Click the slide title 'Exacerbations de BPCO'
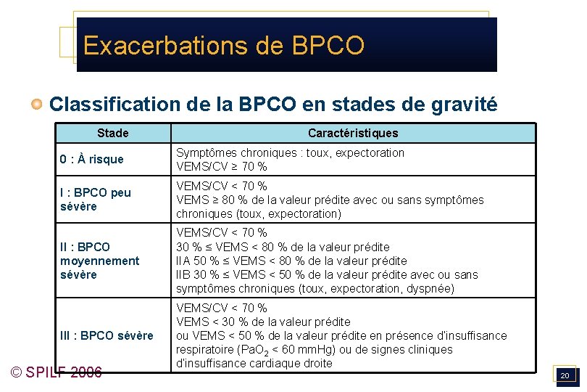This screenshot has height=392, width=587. point(223,45)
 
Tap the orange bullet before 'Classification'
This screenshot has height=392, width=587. point(37,105)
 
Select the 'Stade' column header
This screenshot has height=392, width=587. point(112,133)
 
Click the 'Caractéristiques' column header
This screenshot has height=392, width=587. point(353,133)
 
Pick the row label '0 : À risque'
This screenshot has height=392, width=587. point(92,159)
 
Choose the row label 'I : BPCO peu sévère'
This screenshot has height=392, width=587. point(96,200)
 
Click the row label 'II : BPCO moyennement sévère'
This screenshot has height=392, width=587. point(100,261)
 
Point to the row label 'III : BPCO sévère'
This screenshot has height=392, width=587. point(107,335)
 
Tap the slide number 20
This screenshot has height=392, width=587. point(565,375)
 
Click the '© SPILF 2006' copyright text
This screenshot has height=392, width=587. point(57,373)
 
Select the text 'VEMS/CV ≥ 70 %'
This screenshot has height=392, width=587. point(222,167)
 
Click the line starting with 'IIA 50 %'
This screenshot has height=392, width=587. point(291,261)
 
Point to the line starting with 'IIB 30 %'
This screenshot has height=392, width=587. point(327,274)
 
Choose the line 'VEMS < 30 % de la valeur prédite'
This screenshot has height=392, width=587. point(264,322)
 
